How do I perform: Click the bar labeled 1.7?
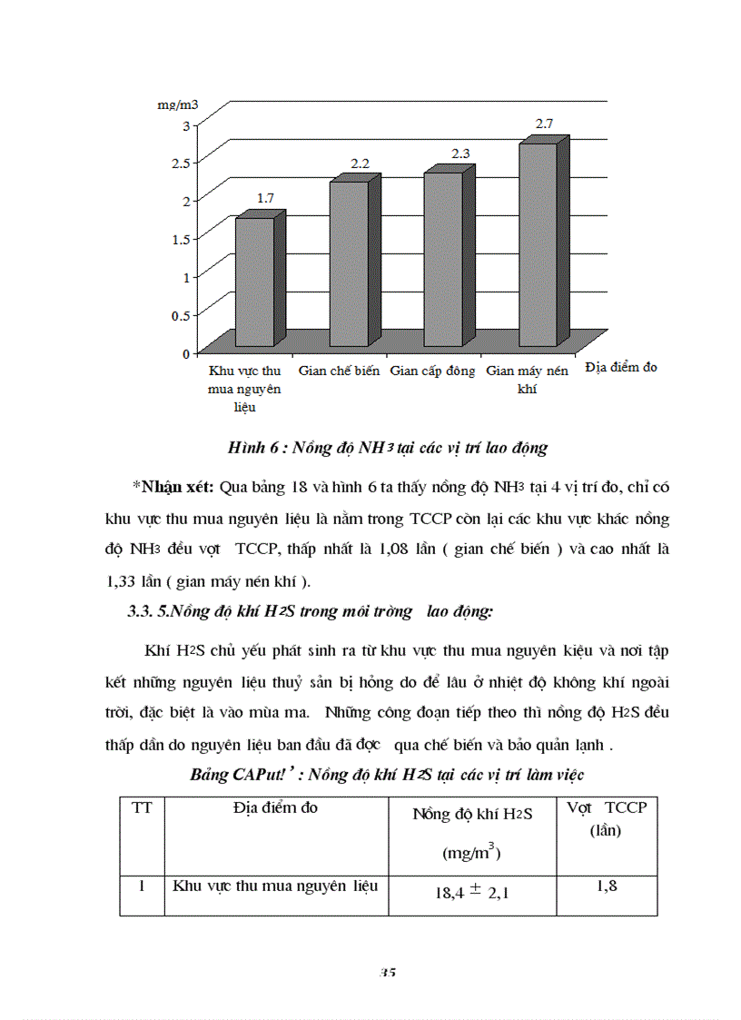(x=254, y=282)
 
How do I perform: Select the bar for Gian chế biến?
(x=349, y=263)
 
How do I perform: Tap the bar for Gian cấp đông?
(x=443, y=259)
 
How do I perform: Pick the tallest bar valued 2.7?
(x=538, y=243)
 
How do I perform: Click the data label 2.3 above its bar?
(x=460, y=153)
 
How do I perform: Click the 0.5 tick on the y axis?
(x=179, y=314)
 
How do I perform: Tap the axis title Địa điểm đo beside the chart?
(x=621, y=368)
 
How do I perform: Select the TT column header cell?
(x=143, y=807)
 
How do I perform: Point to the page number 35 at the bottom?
(x=388, y=972)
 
